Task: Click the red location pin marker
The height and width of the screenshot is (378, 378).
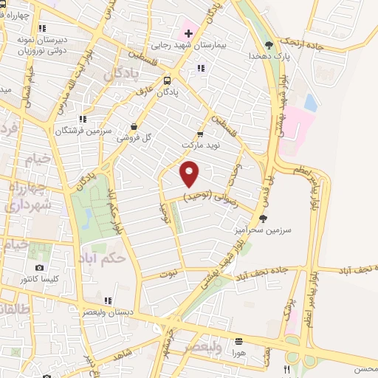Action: click(x=190, y=174)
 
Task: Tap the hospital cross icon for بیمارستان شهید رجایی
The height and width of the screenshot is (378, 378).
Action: click(x=188, y=32)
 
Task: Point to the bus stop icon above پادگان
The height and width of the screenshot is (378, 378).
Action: click(x=168, y=80)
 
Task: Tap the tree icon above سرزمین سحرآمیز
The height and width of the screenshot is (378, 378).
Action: click(x=264, y=219)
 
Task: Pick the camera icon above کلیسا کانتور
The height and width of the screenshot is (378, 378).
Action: click(x=39, y=267)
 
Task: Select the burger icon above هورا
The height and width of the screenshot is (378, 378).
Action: click(x=238, y=342)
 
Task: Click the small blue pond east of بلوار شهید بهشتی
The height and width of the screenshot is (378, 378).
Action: click(x=311, y=103)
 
